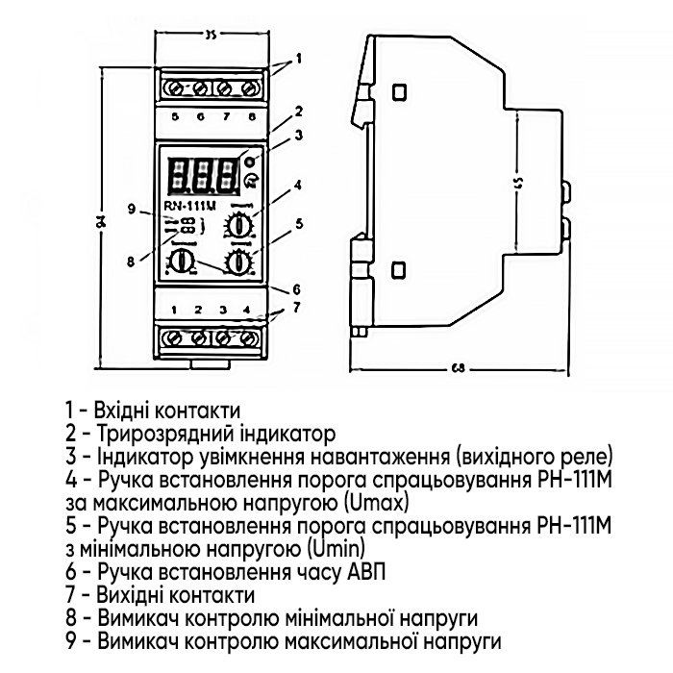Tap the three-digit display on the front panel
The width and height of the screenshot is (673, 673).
(202, 175)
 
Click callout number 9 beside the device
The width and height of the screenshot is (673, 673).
(132, 209)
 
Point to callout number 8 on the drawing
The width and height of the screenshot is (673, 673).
(132, 259)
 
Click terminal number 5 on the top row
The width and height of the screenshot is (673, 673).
(175, 116)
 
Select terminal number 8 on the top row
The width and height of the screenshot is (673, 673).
(252, 116)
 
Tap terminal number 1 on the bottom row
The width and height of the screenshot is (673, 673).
(174, 310)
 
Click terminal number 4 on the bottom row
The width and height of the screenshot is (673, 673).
(248, 310)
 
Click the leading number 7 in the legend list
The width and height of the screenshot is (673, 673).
(70, 597)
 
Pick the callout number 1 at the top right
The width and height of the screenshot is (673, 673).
(300, 58)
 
